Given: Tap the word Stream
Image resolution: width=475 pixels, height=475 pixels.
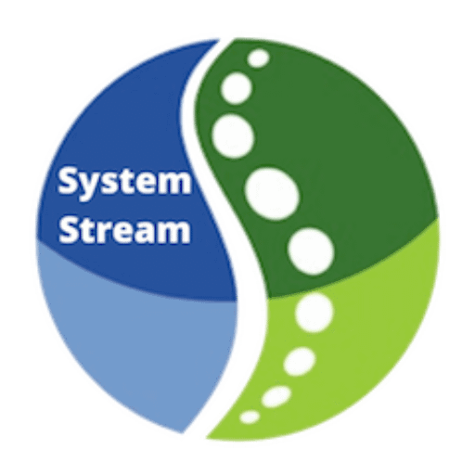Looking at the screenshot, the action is click(x=124, y=231).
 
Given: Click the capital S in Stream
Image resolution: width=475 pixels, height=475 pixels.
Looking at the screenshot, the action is click(x=70, y=230).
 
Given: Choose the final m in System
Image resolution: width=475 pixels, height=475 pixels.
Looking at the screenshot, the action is click(x=176, y=184).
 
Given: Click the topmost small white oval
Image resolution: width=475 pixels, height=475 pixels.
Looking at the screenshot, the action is click(x=259, y=58).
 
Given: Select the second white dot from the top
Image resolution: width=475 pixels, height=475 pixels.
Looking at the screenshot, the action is click(x=237, y=88).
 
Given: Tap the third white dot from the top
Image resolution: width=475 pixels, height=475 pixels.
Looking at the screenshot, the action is click(x=233, y=136).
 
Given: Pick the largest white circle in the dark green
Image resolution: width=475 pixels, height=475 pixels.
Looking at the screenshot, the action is click(x=272, y=194).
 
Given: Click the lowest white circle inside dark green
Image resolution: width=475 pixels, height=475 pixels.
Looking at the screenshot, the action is click(x=311, y=251).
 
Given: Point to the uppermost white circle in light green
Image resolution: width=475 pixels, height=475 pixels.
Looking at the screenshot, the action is click(x=315, y=313).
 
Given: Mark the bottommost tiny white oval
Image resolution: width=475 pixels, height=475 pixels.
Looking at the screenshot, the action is click(x=250, y=417).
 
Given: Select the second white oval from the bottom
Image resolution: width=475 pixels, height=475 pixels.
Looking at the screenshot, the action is click(x=276, y=396).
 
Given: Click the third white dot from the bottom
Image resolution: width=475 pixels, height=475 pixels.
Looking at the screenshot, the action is click(x=300, y=361).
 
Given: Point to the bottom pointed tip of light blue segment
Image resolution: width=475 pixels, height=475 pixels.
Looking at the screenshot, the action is click(x=183, y=432).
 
